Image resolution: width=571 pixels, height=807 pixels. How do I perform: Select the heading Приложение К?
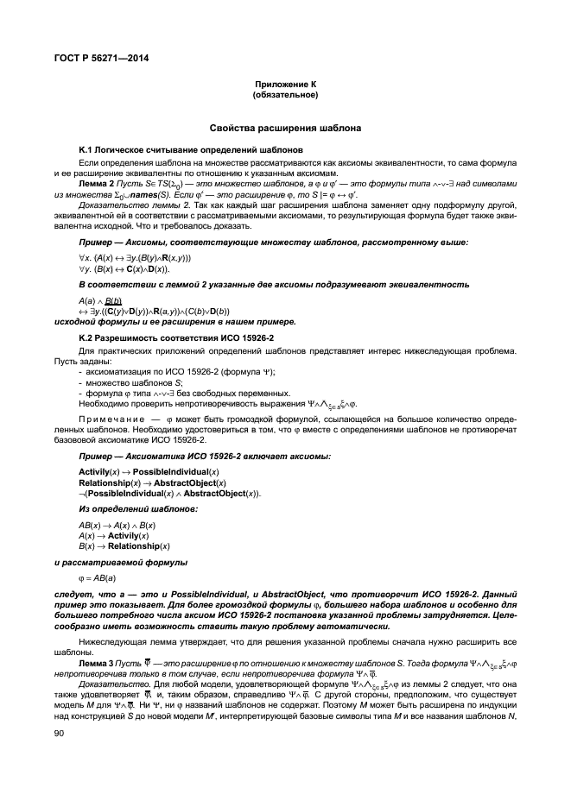tap(285, 85)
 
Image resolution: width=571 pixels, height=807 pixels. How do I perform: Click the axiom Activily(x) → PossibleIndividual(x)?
tap(149, 471)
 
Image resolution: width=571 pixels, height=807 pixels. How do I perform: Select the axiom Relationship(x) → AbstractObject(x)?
tap(152, 482)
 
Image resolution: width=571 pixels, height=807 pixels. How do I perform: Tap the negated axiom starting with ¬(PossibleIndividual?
tap(169, 493)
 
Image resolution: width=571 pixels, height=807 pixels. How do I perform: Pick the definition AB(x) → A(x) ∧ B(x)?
tap(117, 526)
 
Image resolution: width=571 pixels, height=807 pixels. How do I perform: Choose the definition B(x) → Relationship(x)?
tap(124, 546)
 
